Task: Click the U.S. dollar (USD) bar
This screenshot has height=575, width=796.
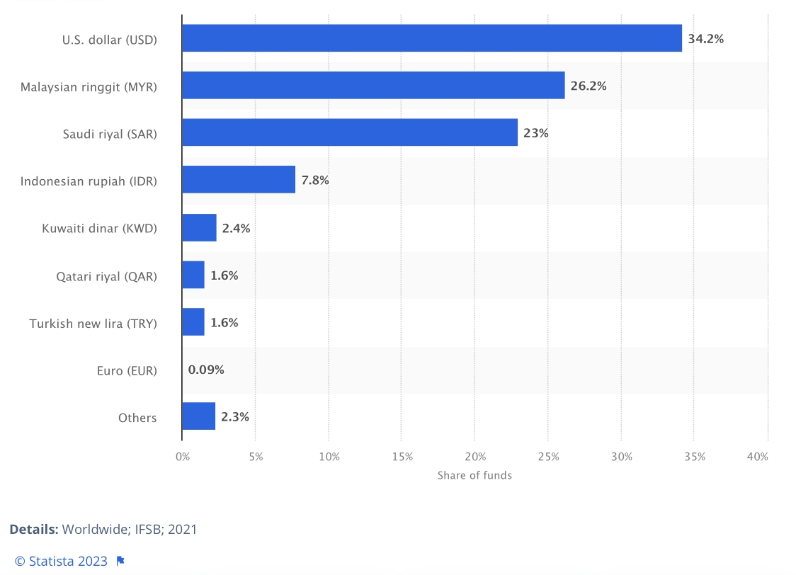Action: point(431,38)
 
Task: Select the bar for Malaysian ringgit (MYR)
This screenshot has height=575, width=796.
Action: point(373,86)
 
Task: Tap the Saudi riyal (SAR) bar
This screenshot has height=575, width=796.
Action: point(350,132)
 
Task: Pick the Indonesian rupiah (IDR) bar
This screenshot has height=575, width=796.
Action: point(239,180)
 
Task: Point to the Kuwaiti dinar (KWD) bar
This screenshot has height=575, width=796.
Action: point(199,228)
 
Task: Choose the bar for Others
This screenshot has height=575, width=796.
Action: point(198,417)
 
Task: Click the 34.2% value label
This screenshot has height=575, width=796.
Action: point(705,39)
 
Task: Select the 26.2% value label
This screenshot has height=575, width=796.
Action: point(589,86)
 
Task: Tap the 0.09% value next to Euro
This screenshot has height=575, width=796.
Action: point(206,370)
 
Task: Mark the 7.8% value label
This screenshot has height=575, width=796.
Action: point(315,181)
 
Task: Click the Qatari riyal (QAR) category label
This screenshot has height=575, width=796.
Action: point(107,276)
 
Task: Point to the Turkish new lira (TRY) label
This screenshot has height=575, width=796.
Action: point(93,323)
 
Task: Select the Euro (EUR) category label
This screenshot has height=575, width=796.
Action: point(127,370)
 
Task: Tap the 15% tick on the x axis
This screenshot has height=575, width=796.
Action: point(402,457)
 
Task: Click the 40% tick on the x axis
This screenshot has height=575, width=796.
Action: point(757,457)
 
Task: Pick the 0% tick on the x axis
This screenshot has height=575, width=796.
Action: point(183,457)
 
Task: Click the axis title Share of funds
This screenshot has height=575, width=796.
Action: point(474,475)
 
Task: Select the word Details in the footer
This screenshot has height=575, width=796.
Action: point(33,529)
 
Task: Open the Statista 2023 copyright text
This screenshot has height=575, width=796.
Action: point(61,561)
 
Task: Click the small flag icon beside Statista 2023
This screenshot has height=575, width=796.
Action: point(120,561)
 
